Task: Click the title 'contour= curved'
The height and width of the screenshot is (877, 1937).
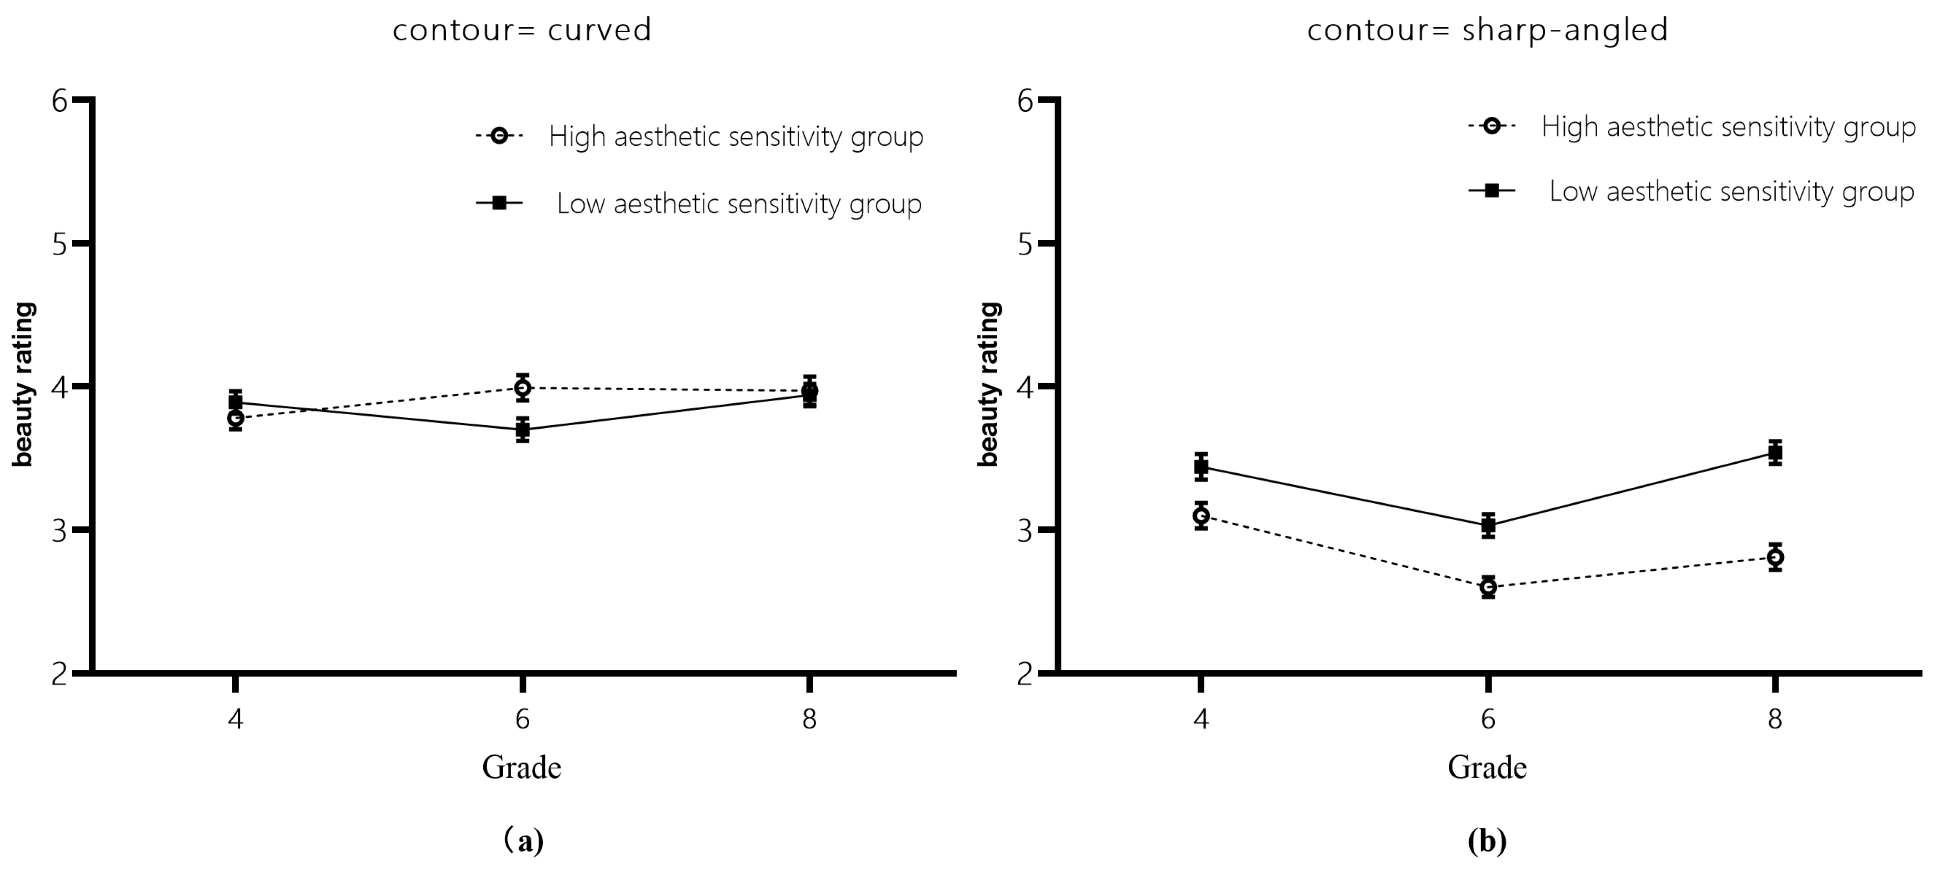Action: pyautogui.click(x=522, y=30)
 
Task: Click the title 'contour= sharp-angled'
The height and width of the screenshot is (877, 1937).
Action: pyautogui.click(x=1487, y=30)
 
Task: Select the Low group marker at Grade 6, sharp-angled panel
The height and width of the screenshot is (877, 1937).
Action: pyautogui.click(x=1488, y=525)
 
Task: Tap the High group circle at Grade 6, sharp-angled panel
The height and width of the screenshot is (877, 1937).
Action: pyautogui.click(x=1488, y=587)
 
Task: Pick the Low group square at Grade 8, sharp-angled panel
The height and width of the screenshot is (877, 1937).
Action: pyautogui.click(x=1775, y=452)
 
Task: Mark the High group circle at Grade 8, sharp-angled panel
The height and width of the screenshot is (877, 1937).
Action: pyautogui.click(x=1775, y=557)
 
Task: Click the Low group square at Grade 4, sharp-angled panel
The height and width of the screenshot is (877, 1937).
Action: pyautogui.click(x=1201, y=467)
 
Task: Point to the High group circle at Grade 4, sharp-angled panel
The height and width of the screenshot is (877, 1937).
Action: pyautogui.click(x=1201, y=515)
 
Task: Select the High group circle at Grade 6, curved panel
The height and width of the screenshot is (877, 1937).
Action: pyautogui.click(x=523, y=388)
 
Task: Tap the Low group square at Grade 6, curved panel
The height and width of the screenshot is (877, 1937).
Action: pyautogui.click(x=523, y=430)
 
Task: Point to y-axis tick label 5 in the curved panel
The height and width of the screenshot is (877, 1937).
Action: pyautogui.click(x=60, y=244)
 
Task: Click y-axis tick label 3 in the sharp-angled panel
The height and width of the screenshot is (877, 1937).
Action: pyautogui.click(x=1025, y=530)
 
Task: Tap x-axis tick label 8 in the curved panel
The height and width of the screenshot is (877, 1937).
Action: pyautogui.click(x=809, y=720)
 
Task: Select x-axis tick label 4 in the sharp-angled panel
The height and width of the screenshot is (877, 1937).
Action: pyautogui.click(x=1201, y=720)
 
